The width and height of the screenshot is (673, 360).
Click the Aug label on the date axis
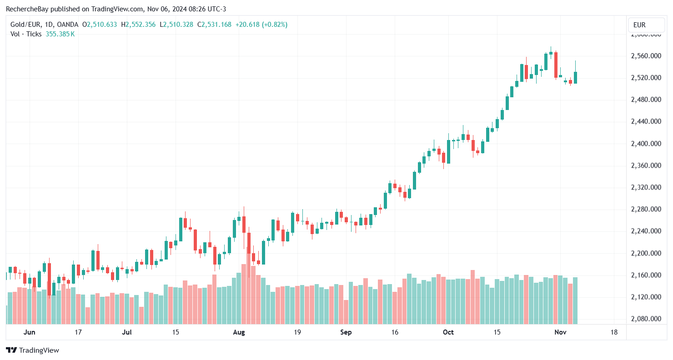click(239, 332)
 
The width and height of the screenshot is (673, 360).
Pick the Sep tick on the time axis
click(346, 332)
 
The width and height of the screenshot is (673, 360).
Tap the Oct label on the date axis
click(448, 332)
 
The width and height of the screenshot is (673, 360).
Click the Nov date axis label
click(560, 332)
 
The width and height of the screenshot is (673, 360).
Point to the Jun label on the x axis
click(29, 332)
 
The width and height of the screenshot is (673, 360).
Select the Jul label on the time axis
click(127, 332)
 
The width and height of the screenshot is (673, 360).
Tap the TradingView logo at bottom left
click(32, 350)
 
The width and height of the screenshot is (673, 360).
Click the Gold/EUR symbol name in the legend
click(25, 25)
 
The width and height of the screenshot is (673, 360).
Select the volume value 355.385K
click(60, 34)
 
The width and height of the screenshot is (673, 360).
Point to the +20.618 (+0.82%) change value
click(261, 25)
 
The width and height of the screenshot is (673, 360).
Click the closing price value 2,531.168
click(216, 25)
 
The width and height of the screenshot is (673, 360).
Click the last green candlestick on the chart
click(575, 78)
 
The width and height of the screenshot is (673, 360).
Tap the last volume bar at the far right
click(575, 300)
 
